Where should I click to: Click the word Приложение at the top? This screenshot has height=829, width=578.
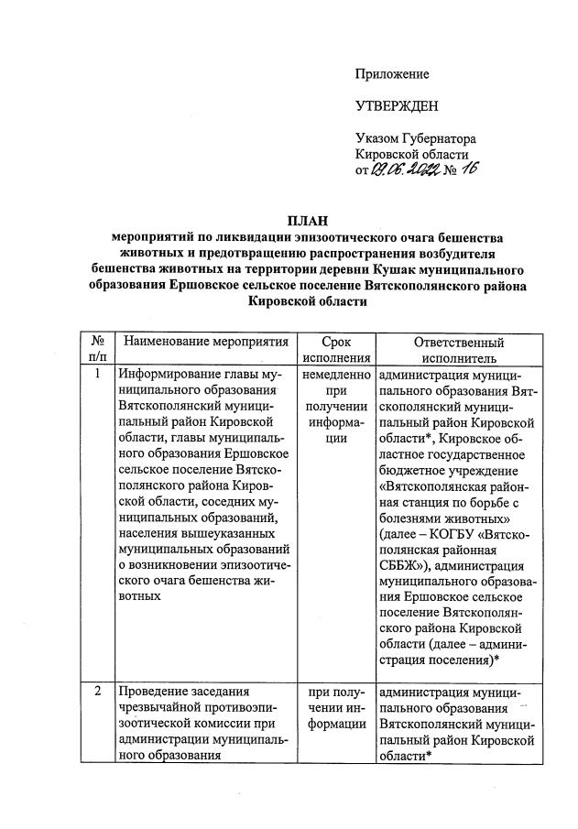point(392,73)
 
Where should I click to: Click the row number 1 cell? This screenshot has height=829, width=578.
point(98,374)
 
